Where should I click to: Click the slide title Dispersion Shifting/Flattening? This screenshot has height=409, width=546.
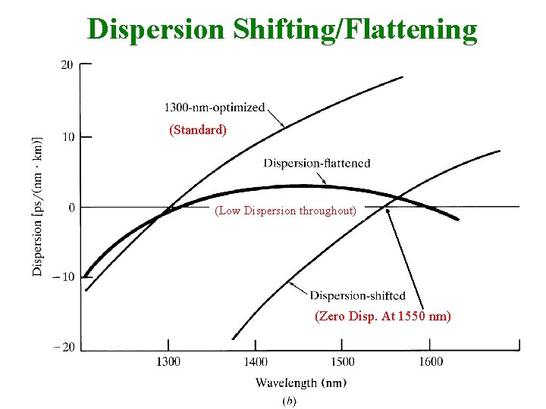click(x=282, y=30)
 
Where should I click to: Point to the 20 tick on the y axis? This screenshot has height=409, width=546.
click(x=67, y=65)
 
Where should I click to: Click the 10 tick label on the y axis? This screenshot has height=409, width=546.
click(x=67, y=137)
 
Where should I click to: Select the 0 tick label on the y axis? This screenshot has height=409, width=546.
click(x=71, y=207)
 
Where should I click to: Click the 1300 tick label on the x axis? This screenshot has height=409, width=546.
click(x=168, y=362)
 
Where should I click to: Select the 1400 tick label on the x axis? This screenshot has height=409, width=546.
click(x=256, y=362)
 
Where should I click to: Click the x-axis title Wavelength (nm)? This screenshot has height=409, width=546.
click(x=301, y=383)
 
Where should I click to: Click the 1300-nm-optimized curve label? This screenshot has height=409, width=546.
click(x=215, y=108)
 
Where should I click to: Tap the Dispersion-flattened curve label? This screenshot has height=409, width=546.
click(x=317, y=163)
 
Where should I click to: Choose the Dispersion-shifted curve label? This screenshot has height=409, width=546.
click(x=358, y=295)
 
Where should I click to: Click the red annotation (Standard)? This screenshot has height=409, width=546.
click(x=198, y=130)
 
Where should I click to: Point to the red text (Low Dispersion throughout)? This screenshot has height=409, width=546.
click(x=286, y=211)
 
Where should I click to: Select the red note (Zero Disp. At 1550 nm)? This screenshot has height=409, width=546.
click(x=383, y=317)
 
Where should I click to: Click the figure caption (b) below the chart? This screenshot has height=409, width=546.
click(x=289, y=401)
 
